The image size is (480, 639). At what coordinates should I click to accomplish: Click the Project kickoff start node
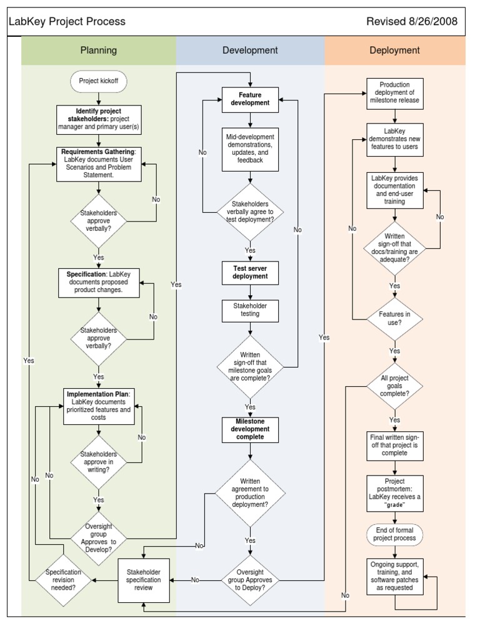coord(99,81)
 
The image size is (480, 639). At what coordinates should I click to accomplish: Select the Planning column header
coord(99,51)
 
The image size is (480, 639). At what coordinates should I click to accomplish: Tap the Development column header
coord(250,51)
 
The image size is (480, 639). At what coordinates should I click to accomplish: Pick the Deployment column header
coord(394,51)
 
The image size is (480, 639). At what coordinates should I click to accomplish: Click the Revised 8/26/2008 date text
coord(411,22)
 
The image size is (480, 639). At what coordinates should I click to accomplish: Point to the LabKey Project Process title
coord(67,22)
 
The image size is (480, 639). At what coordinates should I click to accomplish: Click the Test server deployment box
coord(250,271)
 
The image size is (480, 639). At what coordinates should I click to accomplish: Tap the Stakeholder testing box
coord(250,310)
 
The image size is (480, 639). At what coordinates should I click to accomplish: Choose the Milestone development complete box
coord(250,429)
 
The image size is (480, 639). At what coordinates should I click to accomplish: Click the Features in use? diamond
coord(394,319)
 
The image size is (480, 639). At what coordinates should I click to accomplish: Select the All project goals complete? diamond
coord(394,386)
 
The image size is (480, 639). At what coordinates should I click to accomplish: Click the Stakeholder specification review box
coord(144,580)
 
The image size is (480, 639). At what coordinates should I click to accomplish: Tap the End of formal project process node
coord(394,534)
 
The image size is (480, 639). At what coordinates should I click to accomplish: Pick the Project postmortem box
coord(394,492)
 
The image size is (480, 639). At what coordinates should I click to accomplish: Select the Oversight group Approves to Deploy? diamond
coord(250,580)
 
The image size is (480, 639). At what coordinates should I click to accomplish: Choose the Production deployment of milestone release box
coord(394,94)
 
